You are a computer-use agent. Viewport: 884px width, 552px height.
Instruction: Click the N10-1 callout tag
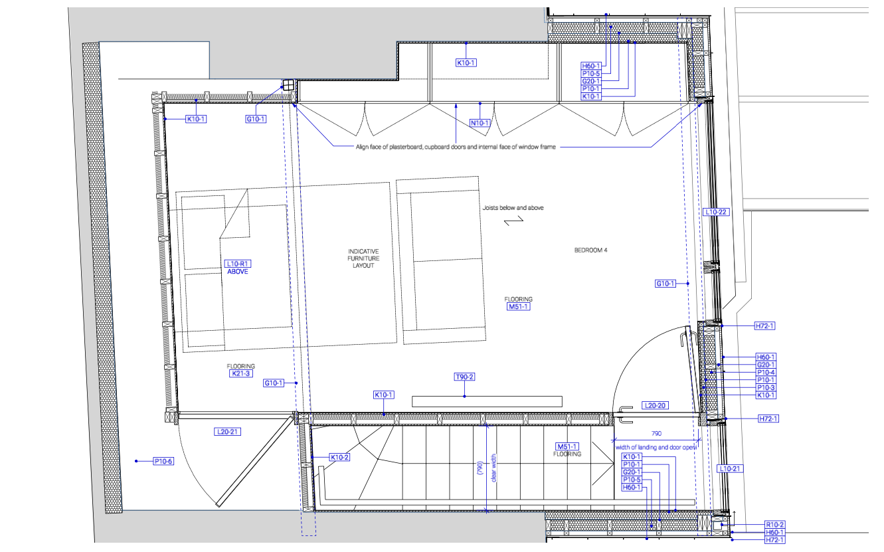[480, 123]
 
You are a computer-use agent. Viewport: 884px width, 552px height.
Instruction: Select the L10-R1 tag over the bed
[237, 264]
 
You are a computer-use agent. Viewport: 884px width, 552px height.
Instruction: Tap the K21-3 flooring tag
[240, 374]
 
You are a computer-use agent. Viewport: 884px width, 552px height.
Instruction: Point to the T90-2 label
[464, 377]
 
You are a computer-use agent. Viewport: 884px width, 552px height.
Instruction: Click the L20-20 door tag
[654, 405]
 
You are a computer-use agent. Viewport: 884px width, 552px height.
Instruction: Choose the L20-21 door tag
[227, 432]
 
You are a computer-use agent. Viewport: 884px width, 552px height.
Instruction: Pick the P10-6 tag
[163, 461]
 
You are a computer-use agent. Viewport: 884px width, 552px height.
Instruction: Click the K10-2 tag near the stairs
[339, 457]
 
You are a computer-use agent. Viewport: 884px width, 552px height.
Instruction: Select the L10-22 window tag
[716, 212]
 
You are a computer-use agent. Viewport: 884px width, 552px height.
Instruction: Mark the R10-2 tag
[774, 525]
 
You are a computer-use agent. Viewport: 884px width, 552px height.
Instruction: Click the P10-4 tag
[766, 373]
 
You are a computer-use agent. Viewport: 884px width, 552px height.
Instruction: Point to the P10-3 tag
[766, 388]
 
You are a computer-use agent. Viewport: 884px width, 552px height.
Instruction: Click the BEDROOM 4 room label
[591, 250]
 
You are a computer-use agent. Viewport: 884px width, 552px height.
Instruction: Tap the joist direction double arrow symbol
[513, 223]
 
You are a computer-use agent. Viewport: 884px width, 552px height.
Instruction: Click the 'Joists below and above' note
[513, 208]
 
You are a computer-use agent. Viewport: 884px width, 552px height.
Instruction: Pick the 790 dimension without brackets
[656, 433]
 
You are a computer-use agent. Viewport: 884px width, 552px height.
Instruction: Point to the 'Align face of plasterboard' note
[456, 147]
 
